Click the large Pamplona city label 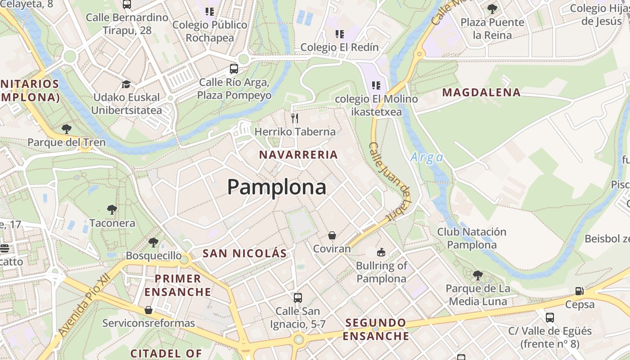(276, 187)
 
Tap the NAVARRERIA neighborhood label (298, 155)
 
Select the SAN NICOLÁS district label (244, 253)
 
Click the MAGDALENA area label (481, 93)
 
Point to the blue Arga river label (427, 157)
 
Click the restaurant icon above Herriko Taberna (295, 118)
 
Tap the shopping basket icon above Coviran (332, 235)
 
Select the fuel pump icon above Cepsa (580, 291)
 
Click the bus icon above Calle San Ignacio (297, 297)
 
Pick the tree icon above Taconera (112, 209)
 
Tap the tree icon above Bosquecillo (153, 243)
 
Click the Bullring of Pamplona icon (381, 252)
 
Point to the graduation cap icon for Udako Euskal (126, 84)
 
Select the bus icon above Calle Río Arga (234, 69)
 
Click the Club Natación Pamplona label (472, 238)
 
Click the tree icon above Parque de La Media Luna (478, 275)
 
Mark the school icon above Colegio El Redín (339, 34)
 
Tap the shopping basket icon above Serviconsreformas (148, 310)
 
